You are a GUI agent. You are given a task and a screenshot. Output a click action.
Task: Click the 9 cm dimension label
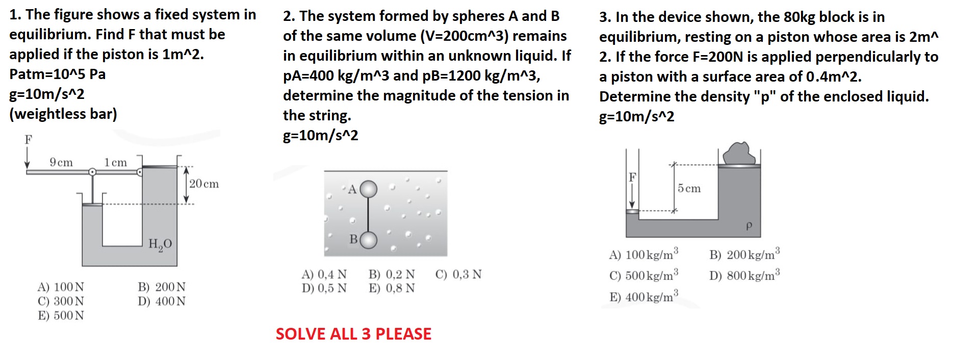click(x=61, y=163)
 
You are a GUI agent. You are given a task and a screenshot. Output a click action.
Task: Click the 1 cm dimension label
click(x=116, y=163)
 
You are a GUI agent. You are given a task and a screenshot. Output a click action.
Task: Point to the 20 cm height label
click(x=203, y=184)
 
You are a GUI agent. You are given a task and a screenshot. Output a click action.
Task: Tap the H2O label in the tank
click(x=160, y=244)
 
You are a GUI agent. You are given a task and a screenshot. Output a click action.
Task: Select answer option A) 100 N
click(x=61, y=287)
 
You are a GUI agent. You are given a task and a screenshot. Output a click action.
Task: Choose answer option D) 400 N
click(x=161, y=301)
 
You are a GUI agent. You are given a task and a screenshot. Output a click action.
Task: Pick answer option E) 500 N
click(x=61, y=316)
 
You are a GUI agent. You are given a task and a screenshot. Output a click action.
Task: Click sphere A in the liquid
click(x=369, y=189)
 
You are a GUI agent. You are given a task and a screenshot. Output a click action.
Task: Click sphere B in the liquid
click(x=369, y=240)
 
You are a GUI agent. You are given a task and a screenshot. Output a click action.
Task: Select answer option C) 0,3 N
click(x=458, y=274)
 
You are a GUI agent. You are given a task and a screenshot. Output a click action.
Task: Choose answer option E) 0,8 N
click(x=392, y=288)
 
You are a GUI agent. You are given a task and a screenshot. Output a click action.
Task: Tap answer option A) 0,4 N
click(x=324, y=274)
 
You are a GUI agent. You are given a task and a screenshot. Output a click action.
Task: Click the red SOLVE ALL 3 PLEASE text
click(x=353, y=334)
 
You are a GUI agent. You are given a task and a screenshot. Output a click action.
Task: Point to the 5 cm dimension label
click(x=689, y=189)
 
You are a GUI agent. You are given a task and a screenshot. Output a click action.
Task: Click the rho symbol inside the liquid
click(x=749, y=225)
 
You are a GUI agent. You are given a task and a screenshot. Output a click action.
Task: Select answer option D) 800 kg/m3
click(x=744, y=276)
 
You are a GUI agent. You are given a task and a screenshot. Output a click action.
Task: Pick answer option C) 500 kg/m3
click(x=644, y=276)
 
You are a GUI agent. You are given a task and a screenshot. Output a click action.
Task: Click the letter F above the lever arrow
click(x=29, y=139)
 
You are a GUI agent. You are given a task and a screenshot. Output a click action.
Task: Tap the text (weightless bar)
click(x=63, y=114)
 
